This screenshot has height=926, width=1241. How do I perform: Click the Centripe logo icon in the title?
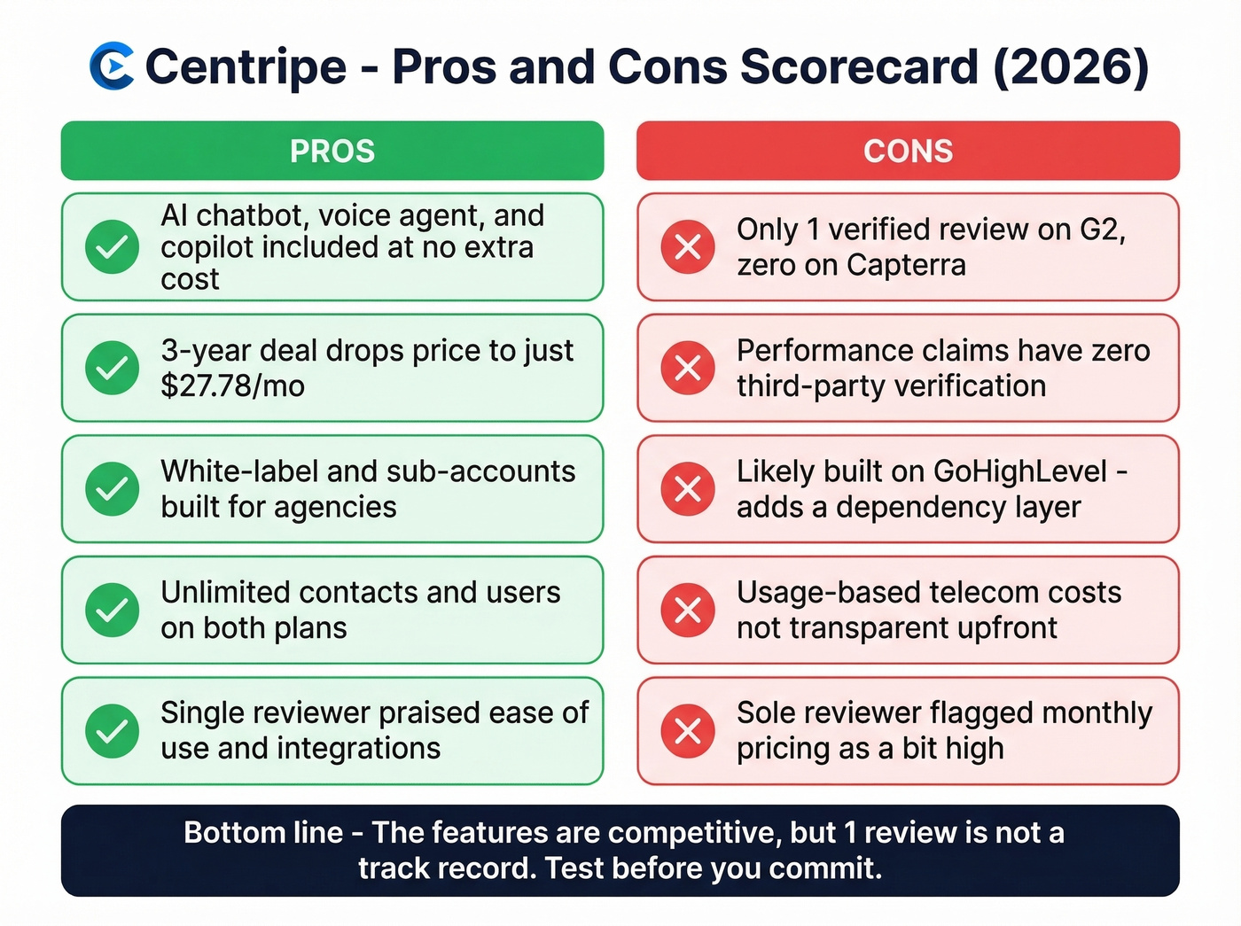click(x=112, y=66)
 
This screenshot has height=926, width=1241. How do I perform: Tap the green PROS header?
click(x=332, y=151)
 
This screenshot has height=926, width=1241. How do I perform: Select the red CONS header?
click(x=908, y=151)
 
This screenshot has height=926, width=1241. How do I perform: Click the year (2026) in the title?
click(x=1071, y=66)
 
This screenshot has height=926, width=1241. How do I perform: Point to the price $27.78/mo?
click(x=232, y=386)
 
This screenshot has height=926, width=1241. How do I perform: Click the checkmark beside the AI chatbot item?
click(x=112, y=247)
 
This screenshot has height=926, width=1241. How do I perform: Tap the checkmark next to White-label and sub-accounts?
click(x=112, y=488)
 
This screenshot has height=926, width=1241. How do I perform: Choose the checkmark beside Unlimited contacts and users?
click(x=112, y=610)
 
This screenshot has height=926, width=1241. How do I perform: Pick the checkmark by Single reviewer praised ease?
click(x=112, y=731)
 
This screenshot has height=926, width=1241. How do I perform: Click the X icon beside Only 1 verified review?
click(x=688, y=247)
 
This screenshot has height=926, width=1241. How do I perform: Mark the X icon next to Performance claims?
click(x=688, y=368)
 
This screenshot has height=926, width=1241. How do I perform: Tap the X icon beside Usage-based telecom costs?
click(x=688, y=610)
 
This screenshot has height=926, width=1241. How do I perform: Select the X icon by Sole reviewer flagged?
click(x=688, y=731)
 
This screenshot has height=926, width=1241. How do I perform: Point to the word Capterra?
click(x=905, y=265)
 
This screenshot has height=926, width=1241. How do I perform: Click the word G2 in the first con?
click(x=1101, y=230)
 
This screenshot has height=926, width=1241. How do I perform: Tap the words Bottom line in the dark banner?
click(x=263, y=833)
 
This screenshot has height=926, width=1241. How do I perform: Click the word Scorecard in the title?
click(x=859, y=66)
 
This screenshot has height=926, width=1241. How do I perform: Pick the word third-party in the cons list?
click(x=812, y=386)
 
